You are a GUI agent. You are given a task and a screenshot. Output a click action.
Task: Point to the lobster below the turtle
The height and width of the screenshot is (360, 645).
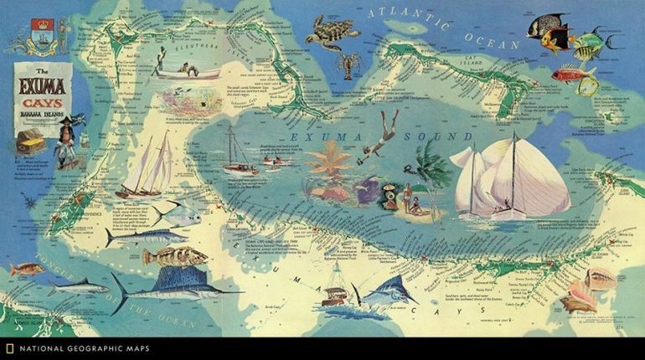[x=349, y=64]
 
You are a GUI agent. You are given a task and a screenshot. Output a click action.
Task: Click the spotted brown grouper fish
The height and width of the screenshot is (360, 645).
[x=173, y=257]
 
